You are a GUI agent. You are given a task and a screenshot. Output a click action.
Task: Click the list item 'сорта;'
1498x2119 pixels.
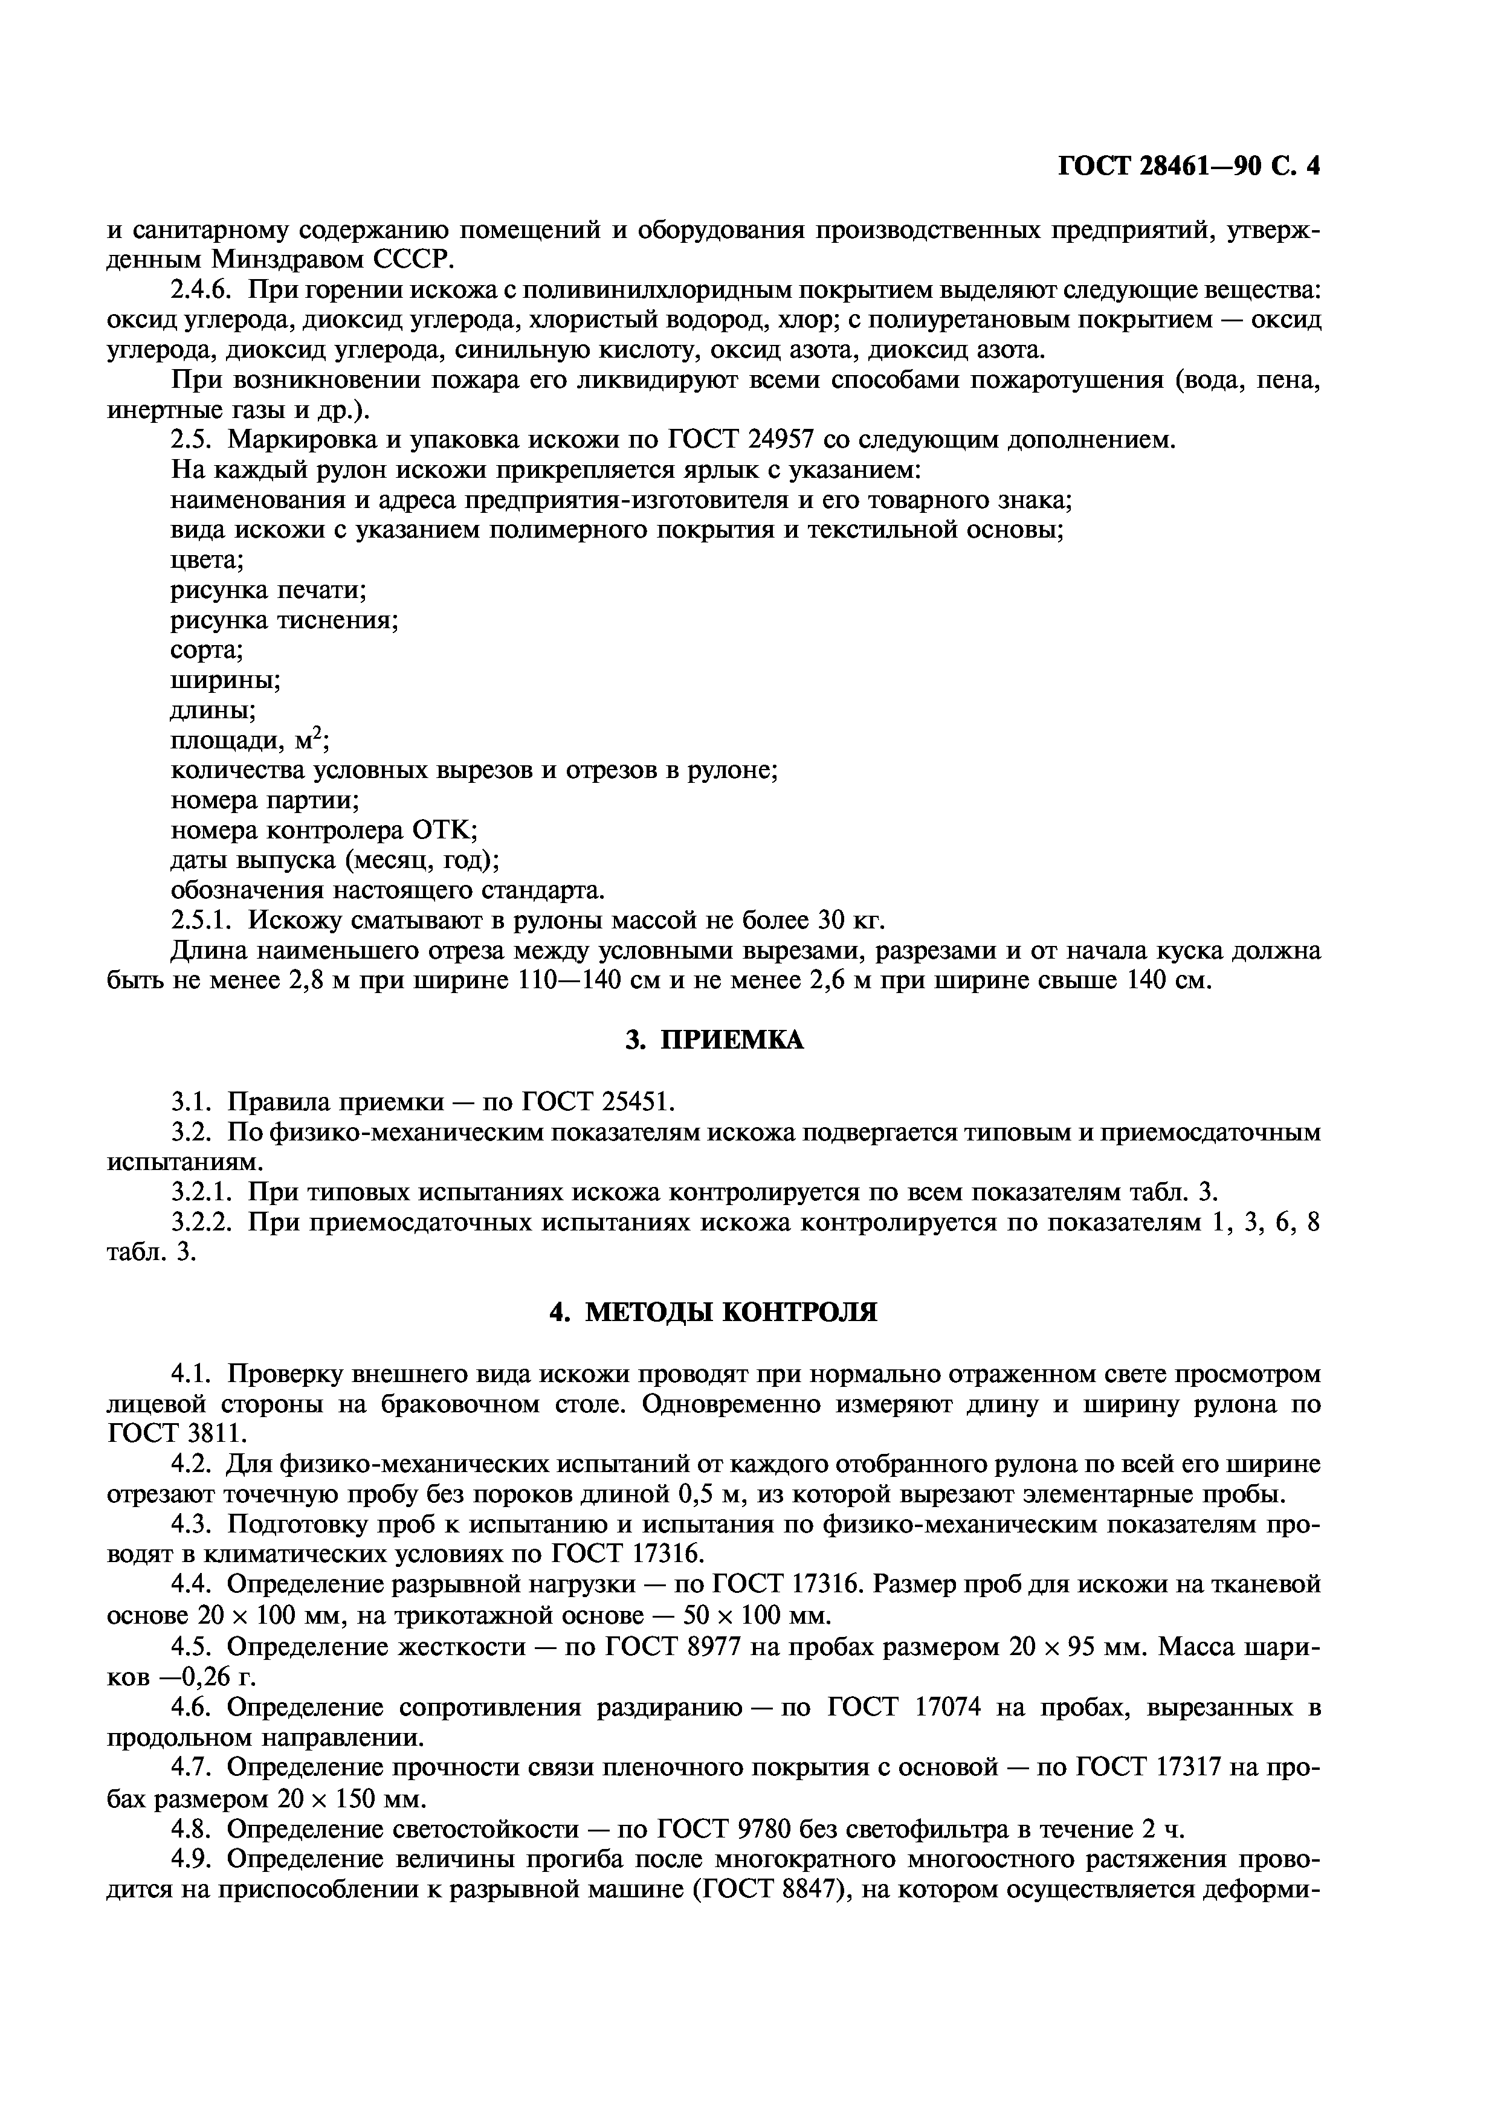coord(207,651)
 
